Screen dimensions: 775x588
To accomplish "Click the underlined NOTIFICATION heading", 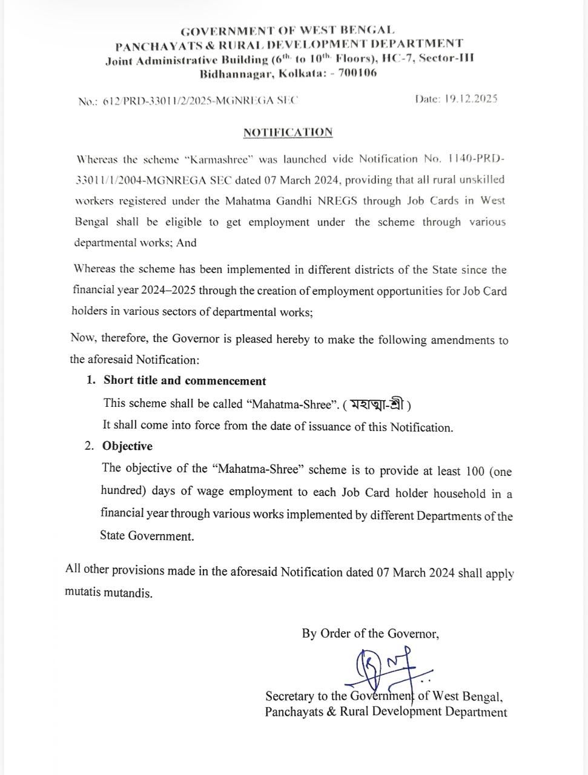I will (x=288, y=132).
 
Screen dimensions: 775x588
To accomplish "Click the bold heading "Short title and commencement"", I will (x=185, y=381).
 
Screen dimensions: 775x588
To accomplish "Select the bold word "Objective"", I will (x=127, y=446).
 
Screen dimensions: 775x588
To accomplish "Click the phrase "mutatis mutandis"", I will (x=108, y=593).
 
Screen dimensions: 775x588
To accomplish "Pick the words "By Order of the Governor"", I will (x=370, y=634).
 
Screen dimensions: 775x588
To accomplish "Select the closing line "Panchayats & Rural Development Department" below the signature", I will (x=386, y=712).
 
